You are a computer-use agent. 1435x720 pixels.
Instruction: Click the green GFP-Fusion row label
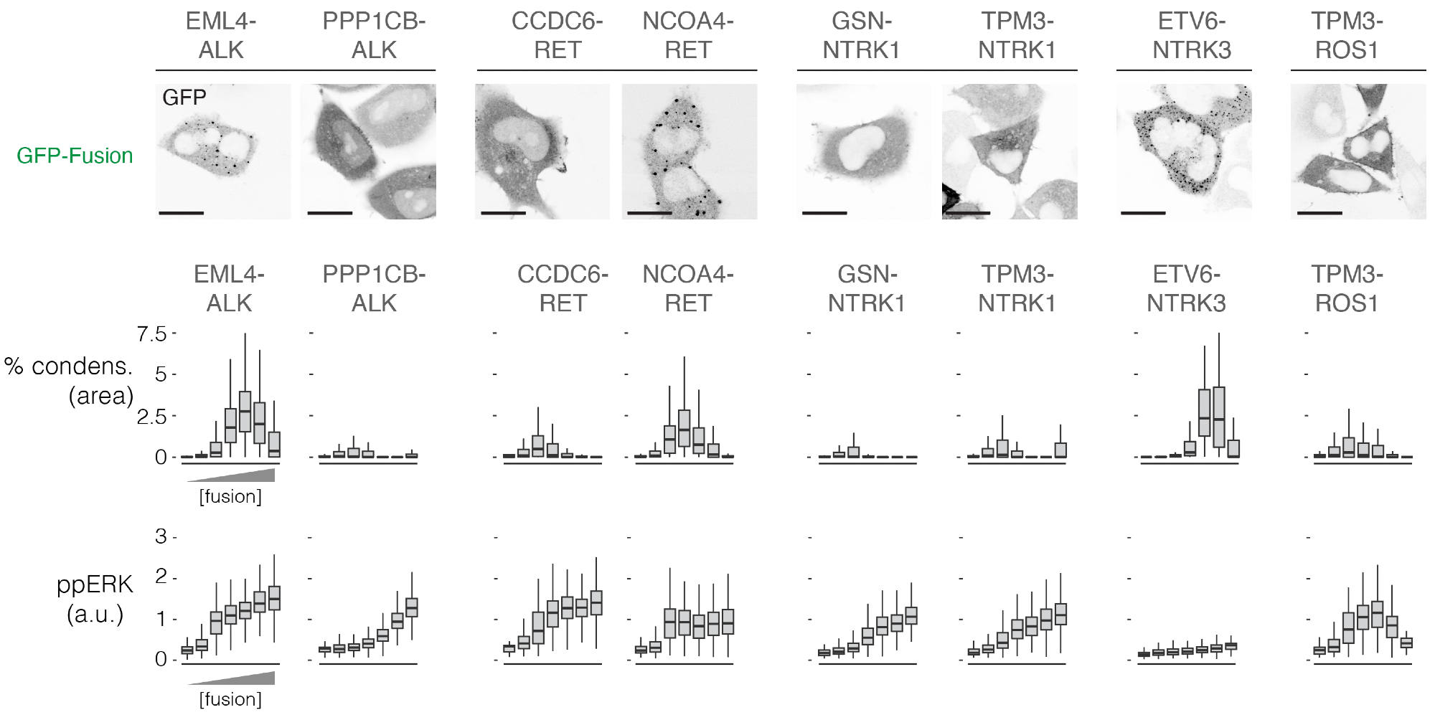[x=75, y=156]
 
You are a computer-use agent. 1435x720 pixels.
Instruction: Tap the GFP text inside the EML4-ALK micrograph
[x=184, y=98]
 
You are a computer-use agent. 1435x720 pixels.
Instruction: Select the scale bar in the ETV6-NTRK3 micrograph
[x=1143, y=212]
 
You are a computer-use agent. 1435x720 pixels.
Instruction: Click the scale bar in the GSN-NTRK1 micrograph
[x=824, y=212]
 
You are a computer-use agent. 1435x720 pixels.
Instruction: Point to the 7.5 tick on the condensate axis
[x=151, y=333]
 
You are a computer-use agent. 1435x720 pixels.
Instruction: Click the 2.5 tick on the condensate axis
[x=151, y=416]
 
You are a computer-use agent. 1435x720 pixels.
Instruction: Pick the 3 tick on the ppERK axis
[x=161, y=536]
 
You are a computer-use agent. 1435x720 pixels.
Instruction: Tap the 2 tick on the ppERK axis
[x=161, y=577]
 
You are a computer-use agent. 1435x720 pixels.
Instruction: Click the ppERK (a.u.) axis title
[x=95, y=600]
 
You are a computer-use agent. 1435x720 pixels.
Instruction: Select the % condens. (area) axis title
[x=69, y=381]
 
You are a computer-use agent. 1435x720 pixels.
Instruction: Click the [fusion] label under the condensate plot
[x=230, y=496]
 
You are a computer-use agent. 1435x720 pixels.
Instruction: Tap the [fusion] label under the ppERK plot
[x=230, y=699]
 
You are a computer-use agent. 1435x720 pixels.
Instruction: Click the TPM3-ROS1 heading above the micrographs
[x=1347, y=36]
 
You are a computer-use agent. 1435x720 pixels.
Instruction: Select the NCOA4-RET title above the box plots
[x=687, y=288]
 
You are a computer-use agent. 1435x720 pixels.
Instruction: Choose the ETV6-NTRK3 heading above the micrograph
[x=1192, y=36]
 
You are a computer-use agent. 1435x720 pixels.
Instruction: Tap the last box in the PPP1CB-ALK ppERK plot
[x=412, y=607]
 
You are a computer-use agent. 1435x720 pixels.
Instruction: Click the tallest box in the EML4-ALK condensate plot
[x=245, y=412]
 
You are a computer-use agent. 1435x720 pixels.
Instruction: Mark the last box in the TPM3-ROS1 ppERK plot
[x=1406, y=643]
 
